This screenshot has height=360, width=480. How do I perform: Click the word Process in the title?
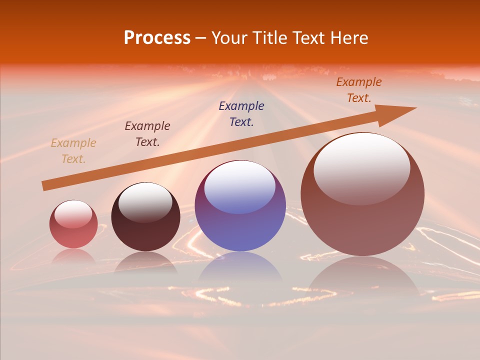pos(157,38)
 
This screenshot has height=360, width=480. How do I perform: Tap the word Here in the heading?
pos(348,38)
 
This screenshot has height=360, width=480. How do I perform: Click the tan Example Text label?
pos(73,151)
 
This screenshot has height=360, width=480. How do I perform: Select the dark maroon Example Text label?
pos(147,134)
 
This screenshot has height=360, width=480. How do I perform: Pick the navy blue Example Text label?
pos(241,113)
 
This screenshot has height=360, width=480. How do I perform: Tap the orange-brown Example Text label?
pos(358,90)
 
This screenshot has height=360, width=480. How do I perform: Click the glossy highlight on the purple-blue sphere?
pos(239,186)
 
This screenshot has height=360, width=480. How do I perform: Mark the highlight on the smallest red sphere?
pos(73,213)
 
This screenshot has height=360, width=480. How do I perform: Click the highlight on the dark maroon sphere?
pos(145,201)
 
